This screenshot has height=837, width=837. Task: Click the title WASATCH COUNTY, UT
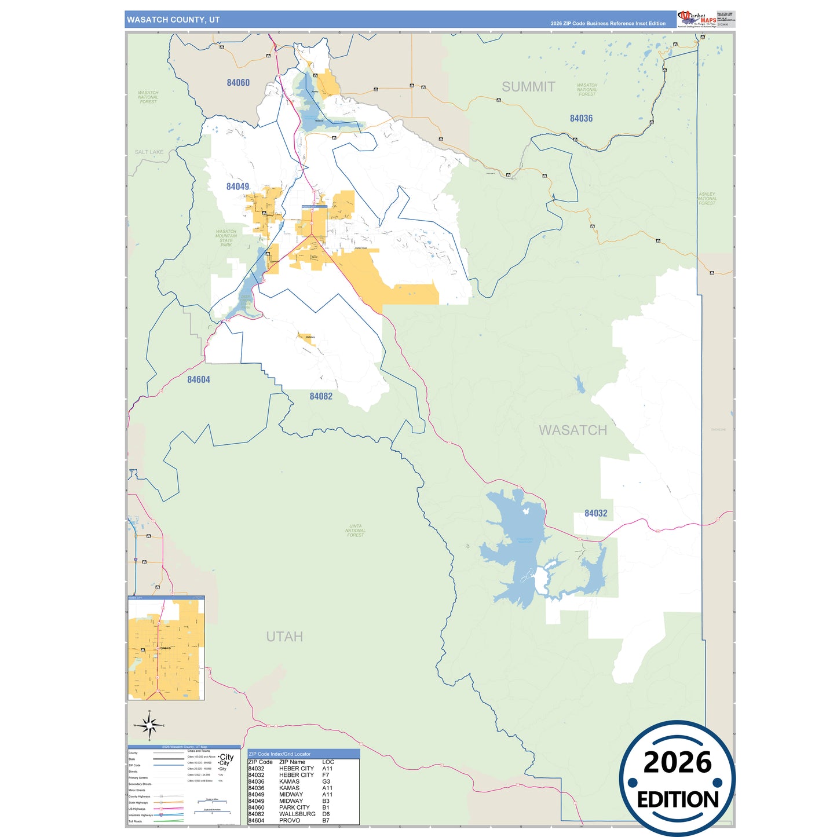[x=173, y=20]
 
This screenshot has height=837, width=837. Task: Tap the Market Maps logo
[x=697, y=19]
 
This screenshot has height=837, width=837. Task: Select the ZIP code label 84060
[x=238, y=83]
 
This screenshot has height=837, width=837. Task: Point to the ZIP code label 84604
[x=198, y=380]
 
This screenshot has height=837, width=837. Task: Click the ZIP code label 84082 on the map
[x=321, y=397]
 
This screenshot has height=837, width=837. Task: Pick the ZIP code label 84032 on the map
[x=595, y=513]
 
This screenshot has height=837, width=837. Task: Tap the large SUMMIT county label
[x=528, y=87]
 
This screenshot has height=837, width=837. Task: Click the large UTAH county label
[x=284, y=637]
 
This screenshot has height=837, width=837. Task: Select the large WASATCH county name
[x=573, y=430]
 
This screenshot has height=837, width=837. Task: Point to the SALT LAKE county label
[x=149, y=152]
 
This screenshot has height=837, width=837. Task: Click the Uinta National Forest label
[x=355, y=531]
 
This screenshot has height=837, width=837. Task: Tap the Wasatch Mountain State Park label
[x=226, y=238]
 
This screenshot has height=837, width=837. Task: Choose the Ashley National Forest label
[x=707, y=199]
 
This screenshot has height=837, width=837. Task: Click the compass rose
[x=149, y=725]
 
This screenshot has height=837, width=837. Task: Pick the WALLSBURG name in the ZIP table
[x=297, y=814]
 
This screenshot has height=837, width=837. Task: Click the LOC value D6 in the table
[x=326, y=814]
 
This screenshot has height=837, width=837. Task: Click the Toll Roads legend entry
[x=135, y=821]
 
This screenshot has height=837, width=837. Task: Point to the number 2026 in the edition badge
[x=677, y=763]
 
